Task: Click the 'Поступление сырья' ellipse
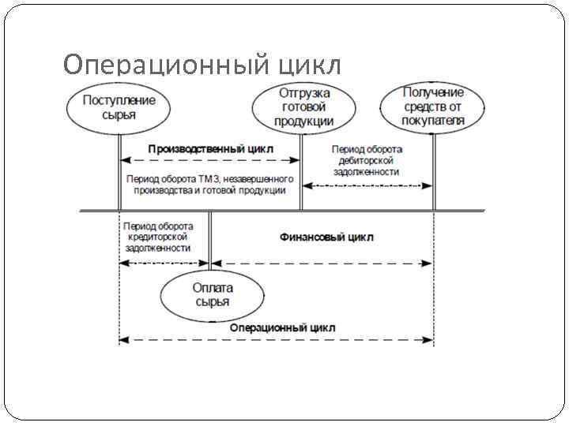(x=119, y=108)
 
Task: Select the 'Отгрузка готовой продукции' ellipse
(x=303, y=108)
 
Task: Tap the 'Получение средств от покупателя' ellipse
(x=433, y=108)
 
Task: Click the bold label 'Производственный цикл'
(x=210, y=148)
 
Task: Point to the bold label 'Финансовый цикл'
(x=326, y=237)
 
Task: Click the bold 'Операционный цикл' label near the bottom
(x=282, y=327)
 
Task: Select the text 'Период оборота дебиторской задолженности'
(x=366, y=160)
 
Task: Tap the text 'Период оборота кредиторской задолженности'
(x=158, y=237)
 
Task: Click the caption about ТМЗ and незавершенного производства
(x=210, y=185)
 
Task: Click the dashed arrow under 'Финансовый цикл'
(x=322, y=263)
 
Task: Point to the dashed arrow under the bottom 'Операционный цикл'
(x=277, y=340)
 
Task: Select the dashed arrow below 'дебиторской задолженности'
(x=368, y=186)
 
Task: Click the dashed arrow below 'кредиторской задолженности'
(x=164, y=263)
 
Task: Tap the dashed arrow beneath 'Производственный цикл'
(x=210, y=160)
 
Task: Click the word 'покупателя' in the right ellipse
(x=433, y=121)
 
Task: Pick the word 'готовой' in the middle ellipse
(x=303, y=107)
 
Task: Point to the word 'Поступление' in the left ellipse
(x=119, y=100)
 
